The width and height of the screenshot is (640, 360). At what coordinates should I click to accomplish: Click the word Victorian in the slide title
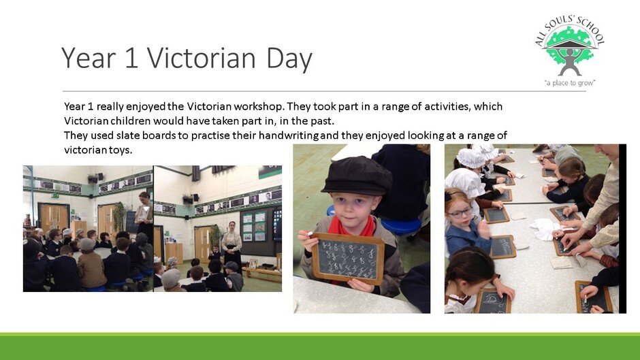[x=202, y=58]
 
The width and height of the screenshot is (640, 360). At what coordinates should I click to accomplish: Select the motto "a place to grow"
[x=570, y=83]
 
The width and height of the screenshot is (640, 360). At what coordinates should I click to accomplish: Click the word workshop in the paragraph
[x=258, y=107]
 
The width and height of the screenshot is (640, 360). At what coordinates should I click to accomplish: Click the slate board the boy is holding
[x=348, y=259]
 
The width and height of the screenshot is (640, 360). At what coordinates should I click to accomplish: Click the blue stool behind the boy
[x=401, y=225]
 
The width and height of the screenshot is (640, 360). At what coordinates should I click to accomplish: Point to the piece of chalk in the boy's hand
[x=309, y=233]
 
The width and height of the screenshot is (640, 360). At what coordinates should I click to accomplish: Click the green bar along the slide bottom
[x=320, y=346]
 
